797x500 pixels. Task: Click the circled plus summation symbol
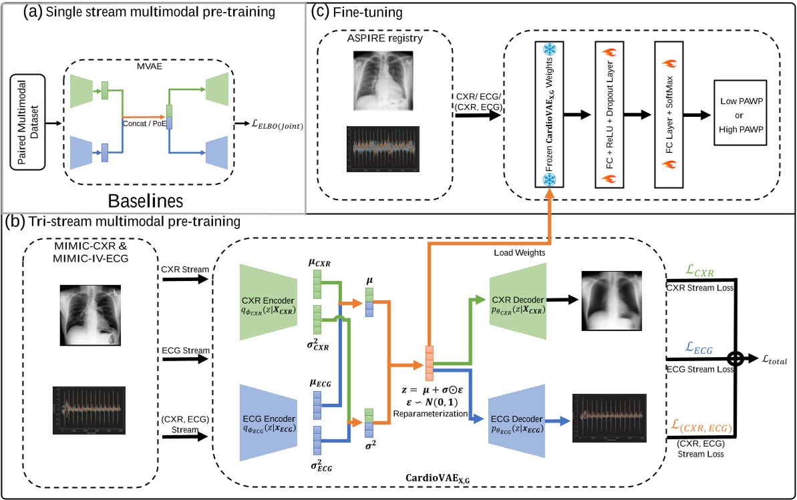[736, 358]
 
